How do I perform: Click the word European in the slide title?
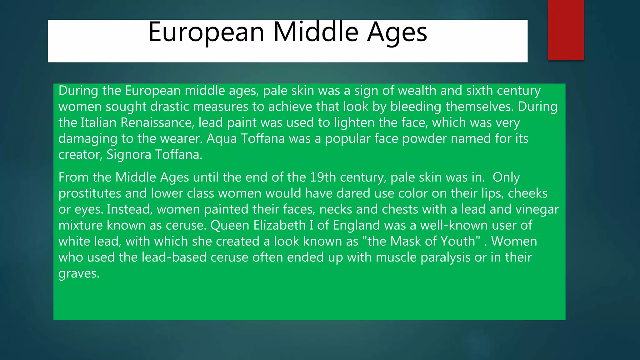tap(206, 32)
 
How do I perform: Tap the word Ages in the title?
tap(397, 32)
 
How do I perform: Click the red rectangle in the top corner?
tap(566, 30)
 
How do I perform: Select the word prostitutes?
tap(90, 193)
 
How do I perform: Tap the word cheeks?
tap(527, 193)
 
